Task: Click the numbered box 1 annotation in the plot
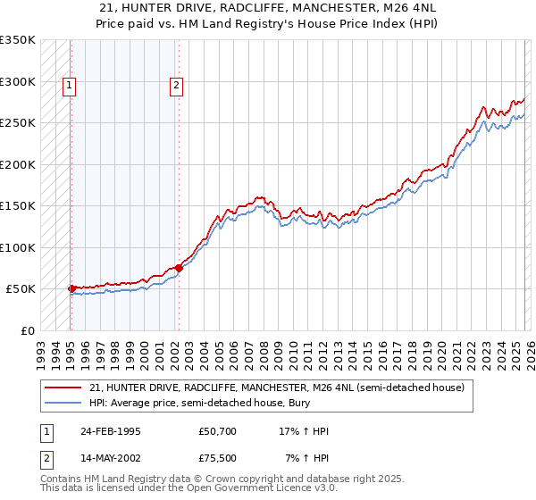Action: [70, 87]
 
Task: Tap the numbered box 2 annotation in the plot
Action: [177, 87]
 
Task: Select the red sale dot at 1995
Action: [71, 288]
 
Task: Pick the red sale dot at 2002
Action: [179, 267]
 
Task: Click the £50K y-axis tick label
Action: [21, 289]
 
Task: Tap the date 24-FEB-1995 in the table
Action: [110, 430]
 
